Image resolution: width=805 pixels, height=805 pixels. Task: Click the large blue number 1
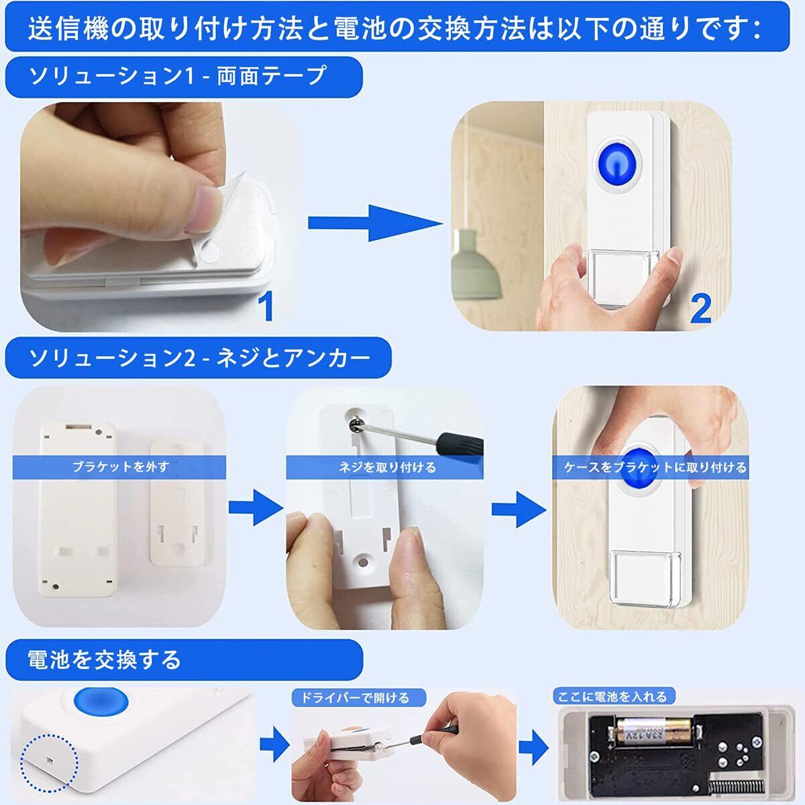pos(266,305)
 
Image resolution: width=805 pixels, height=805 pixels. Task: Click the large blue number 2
pos(701,309)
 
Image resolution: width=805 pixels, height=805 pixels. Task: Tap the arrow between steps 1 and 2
pos(375,223)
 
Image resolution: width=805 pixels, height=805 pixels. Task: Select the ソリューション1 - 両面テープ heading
pos(178,76)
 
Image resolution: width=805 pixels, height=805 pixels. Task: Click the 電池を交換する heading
pos(104,659)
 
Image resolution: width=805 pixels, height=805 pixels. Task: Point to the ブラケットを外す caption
pos(120,467)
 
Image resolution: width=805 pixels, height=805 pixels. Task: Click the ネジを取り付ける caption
pos(387,467)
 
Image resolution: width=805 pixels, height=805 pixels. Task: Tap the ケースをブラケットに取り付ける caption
pos(655,467)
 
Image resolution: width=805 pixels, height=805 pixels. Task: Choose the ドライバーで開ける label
pos(356,698)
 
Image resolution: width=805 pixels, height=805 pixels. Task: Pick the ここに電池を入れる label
pos(612,696)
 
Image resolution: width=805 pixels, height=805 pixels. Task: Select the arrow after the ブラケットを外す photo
pos(256,508)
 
